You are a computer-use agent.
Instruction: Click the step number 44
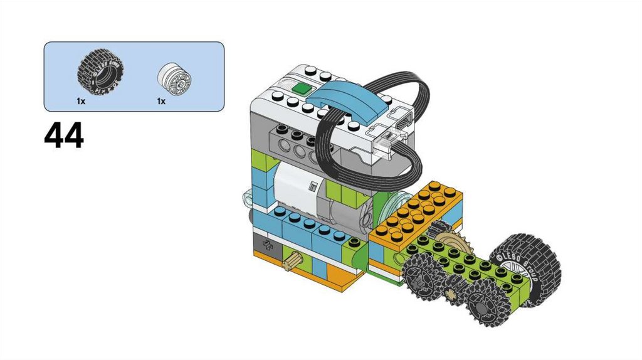pos(64,135)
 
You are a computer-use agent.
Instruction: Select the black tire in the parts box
pos(100,73)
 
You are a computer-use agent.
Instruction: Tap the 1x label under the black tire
pos(81,101)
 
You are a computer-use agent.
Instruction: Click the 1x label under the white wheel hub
pos(161,101)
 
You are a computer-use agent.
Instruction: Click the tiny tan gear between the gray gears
pos(452,294)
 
